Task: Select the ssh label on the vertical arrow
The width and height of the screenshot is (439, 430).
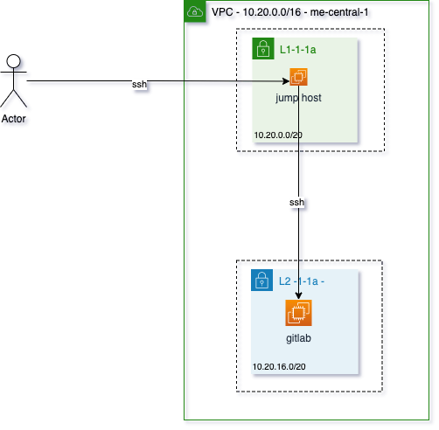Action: click(297, 202)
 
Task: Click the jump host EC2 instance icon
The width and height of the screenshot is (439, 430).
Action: click(298, 79)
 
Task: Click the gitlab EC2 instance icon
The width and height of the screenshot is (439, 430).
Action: click(298, 313)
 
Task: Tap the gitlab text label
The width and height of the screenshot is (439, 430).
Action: click(298, 337)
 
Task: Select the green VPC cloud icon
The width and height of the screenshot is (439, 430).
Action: click(195, 11)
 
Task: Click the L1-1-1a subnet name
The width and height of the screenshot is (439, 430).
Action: click(297, 51)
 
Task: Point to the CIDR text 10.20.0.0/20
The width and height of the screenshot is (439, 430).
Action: click(278, 135)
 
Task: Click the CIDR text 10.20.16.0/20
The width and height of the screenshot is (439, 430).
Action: click(280, 367)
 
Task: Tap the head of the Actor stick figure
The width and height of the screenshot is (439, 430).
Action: click(13, 60)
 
